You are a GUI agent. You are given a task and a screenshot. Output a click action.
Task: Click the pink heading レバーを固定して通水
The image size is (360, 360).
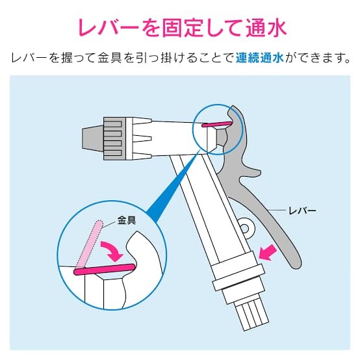182,28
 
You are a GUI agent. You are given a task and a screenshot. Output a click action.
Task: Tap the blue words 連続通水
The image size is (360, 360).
260,58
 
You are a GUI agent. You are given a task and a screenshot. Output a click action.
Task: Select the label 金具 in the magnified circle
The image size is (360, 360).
127,220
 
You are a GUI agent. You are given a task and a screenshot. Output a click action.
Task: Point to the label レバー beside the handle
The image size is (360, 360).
302,211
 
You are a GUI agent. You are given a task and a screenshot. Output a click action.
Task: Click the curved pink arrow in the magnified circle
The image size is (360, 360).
112,250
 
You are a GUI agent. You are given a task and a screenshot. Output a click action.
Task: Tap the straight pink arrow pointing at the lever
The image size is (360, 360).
268,252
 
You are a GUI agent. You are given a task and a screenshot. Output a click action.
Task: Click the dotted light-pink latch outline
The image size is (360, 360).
89,244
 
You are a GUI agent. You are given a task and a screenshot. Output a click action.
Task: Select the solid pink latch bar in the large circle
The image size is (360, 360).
104,269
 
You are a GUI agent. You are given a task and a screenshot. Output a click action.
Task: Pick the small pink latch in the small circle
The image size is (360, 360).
216,124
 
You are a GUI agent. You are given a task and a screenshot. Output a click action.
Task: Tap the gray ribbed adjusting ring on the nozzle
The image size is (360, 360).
114,138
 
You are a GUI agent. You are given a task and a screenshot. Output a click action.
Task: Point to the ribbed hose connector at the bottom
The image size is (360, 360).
251,316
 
